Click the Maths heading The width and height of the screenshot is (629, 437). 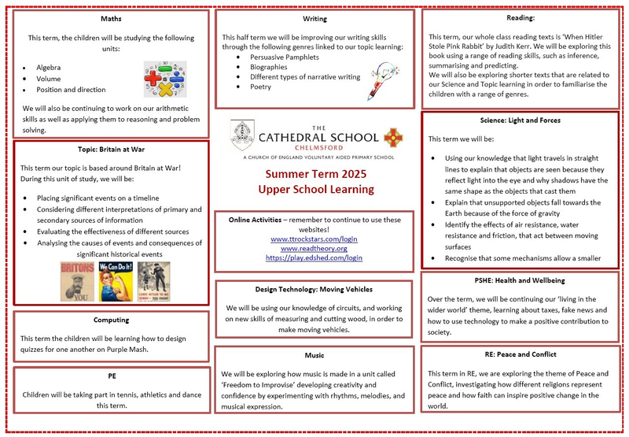coord(110,17)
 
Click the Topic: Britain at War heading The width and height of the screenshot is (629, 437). coord(110,149)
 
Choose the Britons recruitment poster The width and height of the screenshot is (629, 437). coord(76,281)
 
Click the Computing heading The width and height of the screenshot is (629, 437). coord(110,320)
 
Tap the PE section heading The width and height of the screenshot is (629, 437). coord(110,376)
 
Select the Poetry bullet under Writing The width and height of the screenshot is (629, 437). coord(262,87)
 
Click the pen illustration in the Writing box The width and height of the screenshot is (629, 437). coord(370,79)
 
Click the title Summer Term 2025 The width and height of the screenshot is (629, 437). coord(317,173)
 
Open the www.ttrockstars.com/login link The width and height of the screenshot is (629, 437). coord(314,239)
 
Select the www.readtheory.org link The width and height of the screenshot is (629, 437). coord(314,248)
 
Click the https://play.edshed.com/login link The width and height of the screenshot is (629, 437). coord(314,257)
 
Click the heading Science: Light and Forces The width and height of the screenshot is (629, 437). coord(520,121)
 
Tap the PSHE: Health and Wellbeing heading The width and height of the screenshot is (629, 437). coord(520,280)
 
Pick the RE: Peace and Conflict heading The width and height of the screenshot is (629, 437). coord(520,354)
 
